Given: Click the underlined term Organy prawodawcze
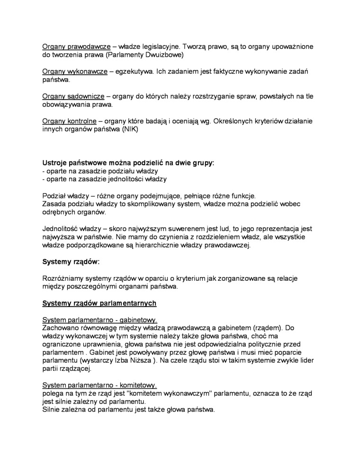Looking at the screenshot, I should [76, 47].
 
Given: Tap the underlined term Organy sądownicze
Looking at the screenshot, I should [73, 96].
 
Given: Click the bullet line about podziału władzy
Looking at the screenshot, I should [100, 170].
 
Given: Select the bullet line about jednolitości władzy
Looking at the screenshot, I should [104, 179].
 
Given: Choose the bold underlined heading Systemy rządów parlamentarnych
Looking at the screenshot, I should [99, 303].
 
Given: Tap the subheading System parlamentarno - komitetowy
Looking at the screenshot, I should [99, 385].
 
